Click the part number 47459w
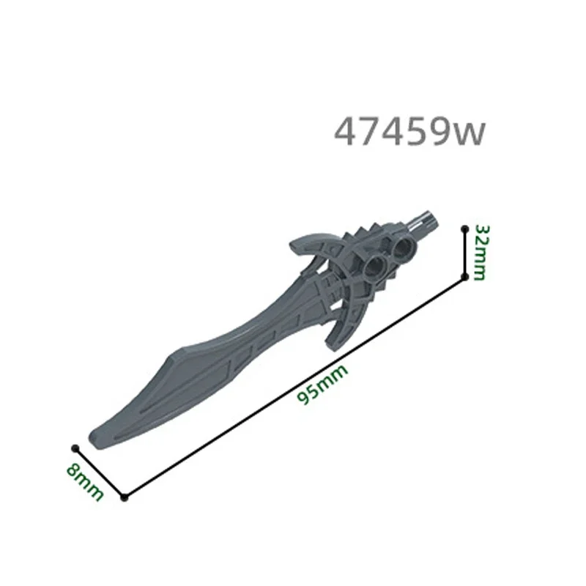click(x=409, y=133)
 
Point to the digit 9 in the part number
click(x=436, y=133)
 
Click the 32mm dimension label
click(x=479, y=253)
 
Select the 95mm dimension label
click(x=322, y=385)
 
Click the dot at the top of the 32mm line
click(x=464, y=229)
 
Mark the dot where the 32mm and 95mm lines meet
click(x=464, y=276)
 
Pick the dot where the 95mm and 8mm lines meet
click(x=125, y=498)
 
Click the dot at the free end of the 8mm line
click(x=74, y=448)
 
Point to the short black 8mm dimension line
click(x=100, y=472)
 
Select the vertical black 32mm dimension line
click(x=464, y=253)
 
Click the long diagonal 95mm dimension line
click(x=293, y=388)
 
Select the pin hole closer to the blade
click(x=375, y=266)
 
